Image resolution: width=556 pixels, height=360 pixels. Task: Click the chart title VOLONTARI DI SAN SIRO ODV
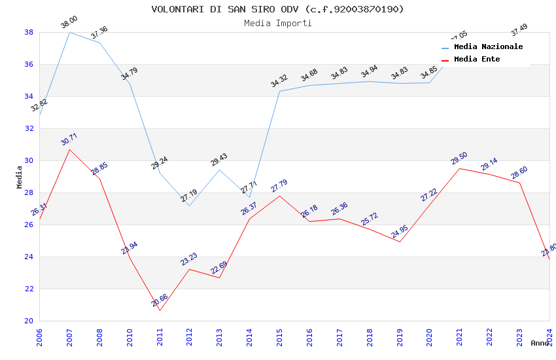click(x=277, y=9)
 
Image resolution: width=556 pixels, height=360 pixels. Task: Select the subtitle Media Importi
click(x=277, y=23)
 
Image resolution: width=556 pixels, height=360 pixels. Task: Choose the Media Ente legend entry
click(x=477, y=59)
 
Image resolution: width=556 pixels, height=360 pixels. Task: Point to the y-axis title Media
click(x=19, y=176)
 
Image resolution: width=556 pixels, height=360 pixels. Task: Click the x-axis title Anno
click(x=540, y=343)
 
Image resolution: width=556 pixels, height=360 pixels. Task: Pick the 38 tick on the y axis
click(x=29, y=32)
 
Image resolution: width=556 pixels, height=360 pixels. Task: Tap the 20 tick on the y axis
click(x=29, y=321)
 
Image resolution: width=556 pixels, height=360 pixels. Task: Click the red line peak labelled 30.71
click(x=70, y=149)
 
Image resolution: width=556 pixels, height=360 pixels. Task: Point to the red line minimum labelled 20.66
click(x=160, y=310)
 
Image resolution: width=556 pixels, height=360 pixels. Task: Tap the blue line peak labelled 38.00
click(x=70, y=32)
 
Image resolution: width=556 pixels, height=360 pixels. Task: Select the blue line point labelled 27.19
click(x=189, y=206)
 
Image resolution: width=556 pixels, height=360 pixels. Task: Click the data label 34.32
click(x=279, y=81)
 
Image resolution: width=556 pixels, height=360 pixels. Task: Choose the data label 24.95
click(x=399, y=232)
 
